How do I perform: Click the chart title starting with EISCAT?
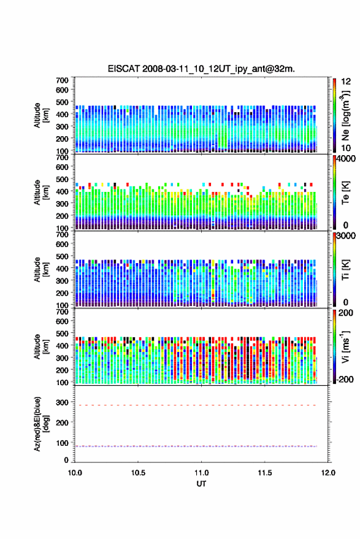point(201,69)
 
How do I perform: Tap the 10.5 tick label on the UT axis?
point(138,473)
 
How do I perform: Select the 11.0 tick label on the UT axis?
point(201,473)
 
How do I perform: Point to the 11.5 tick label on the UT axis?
point(265,473)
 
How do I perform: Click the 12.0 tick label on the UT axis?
point(328,473)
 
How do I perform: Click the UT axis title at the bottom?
point(201,484)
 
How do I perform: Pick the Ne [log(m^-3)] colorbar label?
point(345,115)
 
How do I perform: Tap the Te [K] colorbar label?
point(345,193)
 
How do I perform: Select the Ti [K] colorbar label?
point(345,270)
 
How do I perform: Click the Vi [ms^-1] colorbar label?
point(345,346)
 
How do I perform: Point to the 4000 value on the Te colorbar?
point(347,159)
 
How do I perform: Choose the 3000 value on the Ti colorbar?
point(347,236)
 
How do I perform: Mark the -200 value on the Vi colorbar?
point(345,379)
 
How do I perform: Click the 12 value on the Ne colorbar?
point(346,82)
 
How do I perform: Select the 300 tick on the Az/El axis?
point(62,402)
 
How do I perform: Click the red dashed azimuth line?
point(195,405)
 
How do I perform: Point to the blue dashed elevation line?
point(195,446)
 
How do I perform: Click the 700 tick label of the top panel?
point(62,80)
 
